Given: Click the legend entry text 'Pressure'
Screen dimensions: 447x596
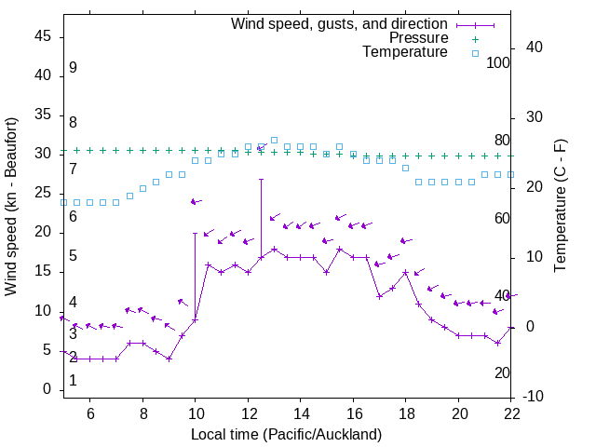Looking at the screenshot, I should (x=419, y=38).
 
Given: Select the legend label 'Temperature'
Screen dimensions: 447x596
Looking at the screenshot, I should (x=405, y=52).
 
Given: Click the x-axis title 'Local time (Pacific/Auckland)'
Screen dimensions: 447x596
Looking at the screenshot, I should (x=286, y=434).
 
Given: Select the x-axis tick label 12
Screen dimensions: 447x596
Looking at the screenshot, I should (x=248, y=414).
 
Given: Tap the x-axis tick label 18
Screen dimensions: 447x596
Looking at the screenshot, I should (x=405, y=414).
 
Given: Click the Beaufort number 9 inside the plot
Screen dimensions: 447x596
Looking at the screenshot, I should (x=73, y=68).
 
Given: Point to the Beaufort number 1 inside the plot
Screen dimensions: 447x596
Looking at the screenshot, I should (x=73, y=381).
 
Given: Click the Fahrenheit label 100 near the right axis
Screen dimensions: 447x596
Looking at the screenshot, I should (x=498, y=62).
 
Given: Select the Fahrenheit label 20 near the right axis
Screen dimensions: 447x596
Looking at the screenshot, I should (x=502, y=372).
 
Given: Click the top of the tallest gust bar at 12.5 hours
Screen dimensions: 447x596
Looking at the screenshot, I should (x=261, y=179).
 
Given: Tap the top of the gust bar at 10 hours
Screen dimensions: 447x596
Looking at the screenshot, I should (x=196, y=233).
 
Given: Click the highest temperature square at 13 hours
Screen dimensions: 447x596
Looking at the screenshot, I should (x=274, y=140).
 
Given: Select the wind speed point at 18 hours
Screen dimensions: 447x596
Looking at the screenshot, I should (x=405, y=273).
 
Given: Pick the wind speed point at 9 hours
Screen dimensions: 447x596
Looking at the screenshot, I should (x=169, y=359).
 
